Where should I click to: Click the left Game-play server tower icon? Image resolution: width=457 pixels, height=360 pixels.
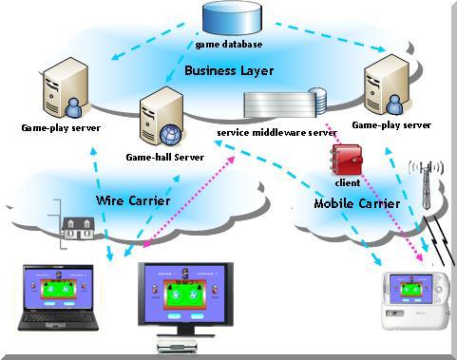pyautogui.click(x=59, y=87)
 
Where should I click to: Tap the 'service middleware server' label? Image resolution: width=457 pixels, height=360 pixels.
pyautogui.click(x=276, y=132)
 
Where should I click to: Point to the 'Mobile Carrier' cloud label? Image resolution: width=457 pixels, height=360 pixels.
pyautogui.click(x=356, y=203)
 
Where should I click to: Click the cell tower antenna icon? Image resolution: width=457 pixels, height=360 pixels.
pyautogui.click(x=426, y=180)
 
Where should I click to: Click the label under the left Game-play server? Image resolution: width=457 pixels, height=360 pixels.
pyautogui.click(x=60, y=126)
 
